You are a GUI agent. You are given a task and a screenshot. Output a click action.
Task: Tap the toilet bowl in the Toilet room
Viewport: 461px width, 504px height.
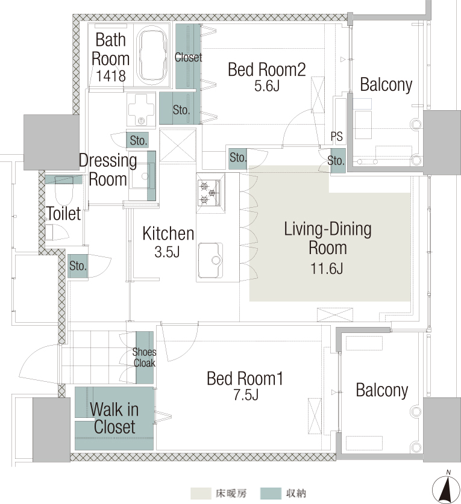click(64, 191)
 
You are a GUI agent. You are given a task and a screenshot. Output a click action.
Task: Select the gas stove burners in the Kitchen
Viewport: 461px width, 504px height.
click(208, 193)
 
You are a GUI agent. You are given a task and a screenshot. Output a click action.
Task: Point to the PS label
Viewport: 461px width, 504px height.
click(336, 137)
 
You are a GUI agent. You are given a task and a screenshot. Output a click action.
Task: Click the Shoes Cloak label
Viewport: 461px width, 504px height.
click(145, 358)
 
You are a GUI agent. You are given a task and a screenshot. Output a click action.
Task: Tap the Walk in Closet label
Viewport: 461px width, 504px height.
click(114, 418)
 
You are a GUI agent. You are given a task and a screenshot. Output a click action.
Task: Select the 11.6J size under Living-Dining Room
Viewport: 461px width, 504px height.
click(327, 269)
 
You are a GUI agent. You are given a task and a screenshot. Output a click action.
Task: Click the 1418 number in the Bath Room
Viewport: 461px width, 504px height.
click(111, 76)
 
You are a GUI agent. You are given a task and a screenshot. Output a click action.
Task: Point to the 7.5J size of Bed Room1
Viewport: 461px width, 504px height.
click(246, 395)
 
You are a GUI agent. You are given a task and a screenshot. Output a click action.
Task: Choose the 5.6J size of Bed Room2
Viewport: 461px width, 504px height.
click(267, 86)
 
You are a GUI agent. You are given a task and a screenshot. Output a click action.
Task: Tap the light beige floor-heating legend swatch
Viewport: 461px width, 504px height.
click(201, 493)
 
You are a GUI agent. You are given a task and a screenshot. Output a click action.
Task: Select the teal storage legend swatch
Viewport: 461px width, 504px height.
click(271, 493)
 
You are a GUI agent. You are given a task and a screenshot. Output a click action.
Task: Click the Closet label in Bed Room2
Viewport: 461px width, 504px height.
click(188, 58)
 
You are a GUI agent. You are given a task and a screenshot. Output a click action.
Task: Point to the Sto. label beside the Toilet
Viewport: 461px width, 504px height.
click(78, 266)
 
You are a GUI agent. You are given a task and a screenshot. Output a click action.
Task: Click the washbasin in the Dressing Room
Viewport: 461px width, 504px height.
click(142, 176)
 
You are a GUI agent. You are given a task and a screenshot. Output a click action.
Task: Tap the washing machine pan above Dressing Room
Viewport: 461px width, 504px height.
click(141, 109)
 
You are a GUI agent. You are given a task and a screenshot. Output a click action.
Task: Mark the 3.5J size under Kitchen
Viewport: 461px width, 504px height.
click(167, 252)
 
